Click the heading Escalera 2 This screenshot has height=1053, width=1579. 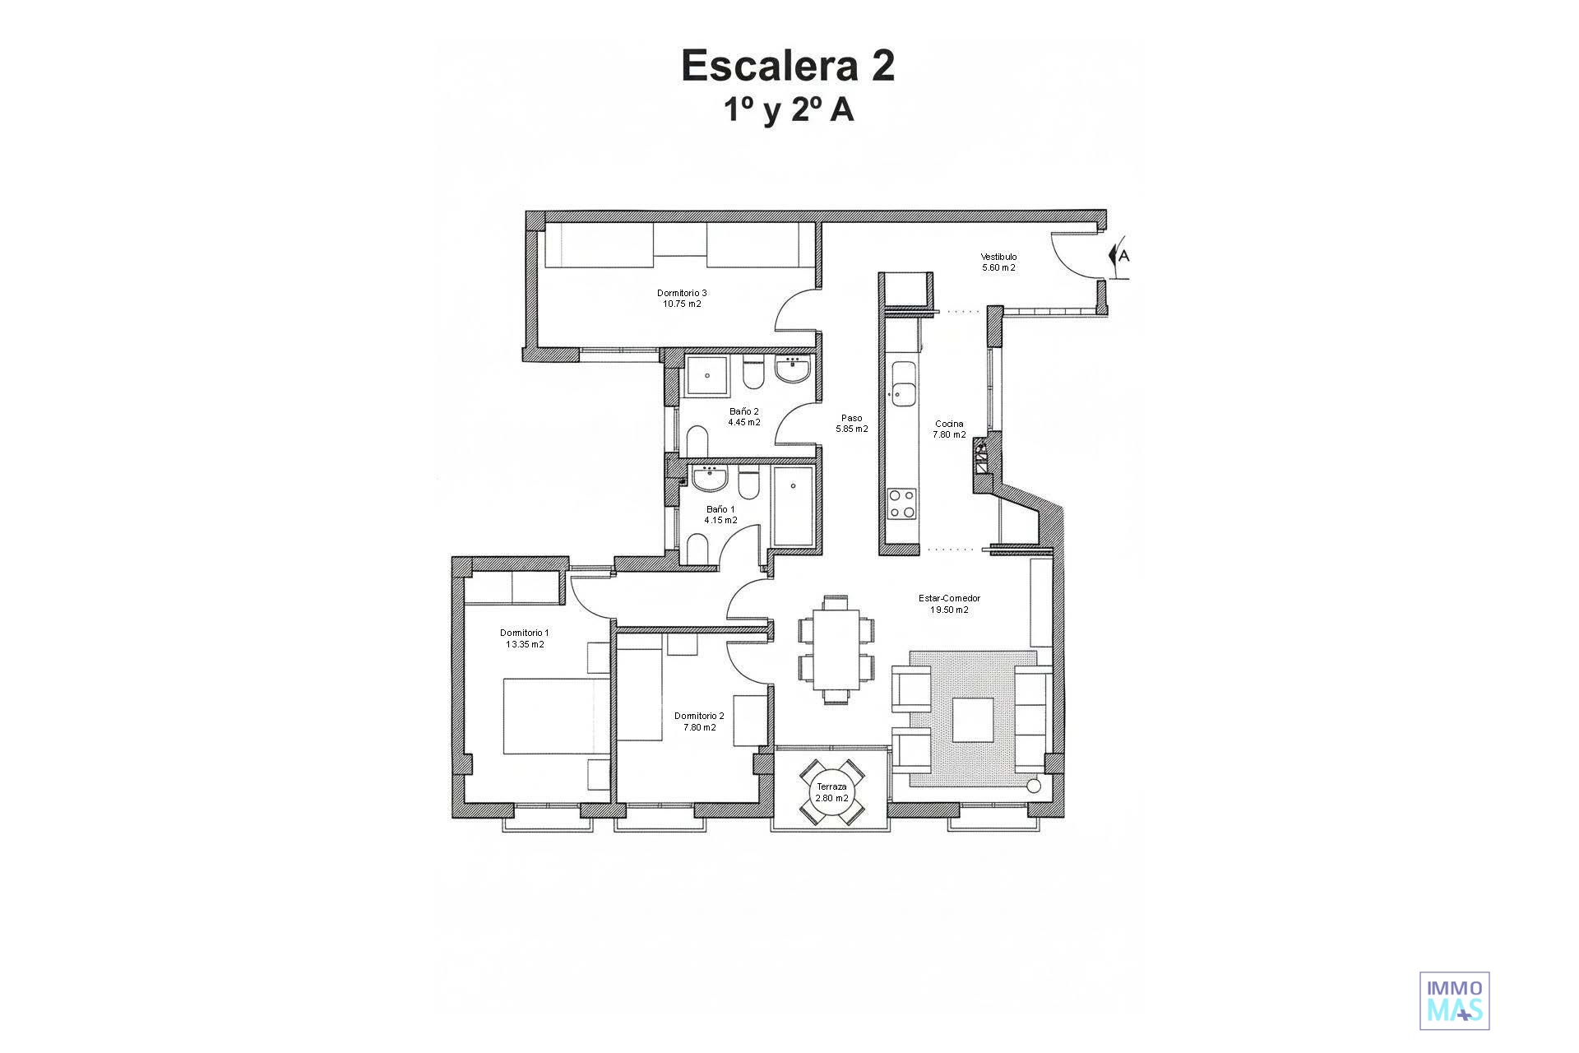pyautogui.click(x=788, y=66)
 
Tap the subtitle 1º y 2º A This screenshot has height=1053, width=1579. pyautogui.click(x=789, y=110)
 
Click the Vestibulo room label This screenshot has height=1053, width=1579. pyautogui.click(x=998, y=257)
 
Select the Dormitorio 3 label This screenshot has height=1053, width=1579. pyautogui.click(x=682, y=293)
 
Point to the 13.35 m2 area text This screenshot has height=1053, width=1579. pyautogui.click(x=525, y=645)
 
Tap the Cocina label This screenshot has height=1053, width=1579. pyautogui.click(x=949, y=424)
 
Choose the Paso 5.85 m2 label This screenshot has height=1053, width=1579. pyautogui.click(x=852, y=424)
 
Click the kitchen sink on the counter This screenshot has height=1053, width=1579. pyautogui.click(x=903, y=383)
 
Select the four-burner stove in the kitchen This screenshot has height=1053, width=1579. pyautogui.click(x=902, y=503)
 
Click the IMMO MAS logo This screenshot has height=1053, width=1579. pyautogui.click(x=1455, y=1000)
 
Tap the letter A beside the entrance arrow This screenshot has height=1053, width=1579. pyautogui.click(x=1124, y=257)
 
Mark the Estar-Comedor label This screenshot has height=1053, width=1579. pyautogui.click(x=949, y=599)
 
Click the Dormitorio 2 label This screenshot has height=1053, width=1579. pyautogui.click(x=699, y=716)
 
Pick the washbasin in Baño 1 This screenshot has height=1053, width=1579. pyautogui.click(x=708, y=477)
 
